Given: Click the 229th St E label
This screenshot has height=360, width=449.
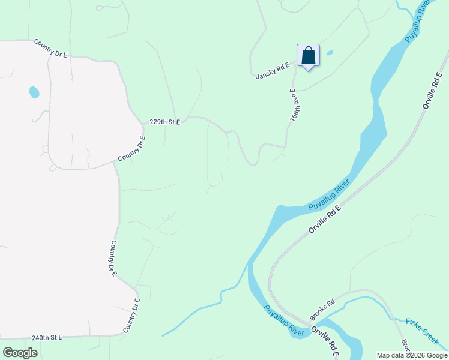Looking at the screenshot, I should click(x=164, y=122).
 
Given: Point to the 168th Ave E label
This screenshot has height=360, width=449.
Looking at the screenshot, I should click(x=294, y=106).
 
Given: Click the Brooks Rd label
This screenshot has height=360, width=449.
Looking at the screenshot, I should click(x=322, y=310).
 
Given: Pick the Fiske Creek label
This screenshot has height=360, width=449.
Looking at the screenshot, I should click(x=423, y=331).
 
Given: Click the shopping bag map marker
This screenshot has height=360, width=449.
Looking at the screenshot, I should click(x=308, y=56).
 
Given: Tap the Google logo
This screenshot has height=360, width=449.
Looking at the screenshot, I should click(x=20, y=353).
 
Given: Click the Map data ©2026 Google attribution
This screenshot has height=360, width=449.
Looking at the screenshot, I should click(x=412, y=355).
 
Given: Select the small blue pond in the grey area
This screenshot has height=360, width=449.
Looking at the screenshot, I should click(x=34, y=92).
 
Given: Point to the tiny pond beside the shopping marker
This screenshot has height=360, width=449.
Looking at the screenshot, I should click(x=330, y=53).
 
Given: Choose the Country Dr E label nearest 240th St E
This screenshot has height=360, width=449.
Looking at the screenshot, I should click(x=131, y=316).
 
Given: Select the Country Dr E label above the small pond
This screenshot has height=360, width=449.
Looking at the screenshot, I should click(x=51, y=47).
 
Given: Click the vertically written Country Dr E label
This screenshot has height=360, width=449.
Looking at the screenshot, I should click(x=112, y=259).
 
